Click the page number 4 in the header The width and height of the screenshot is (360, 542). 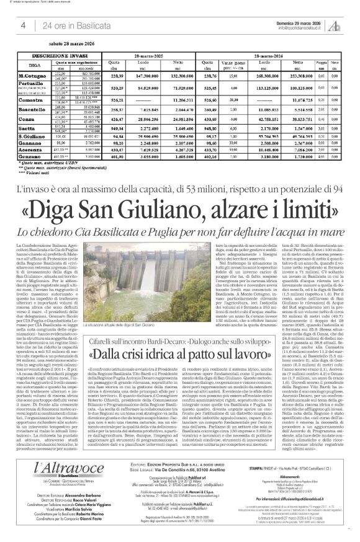tap(23, 25)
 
